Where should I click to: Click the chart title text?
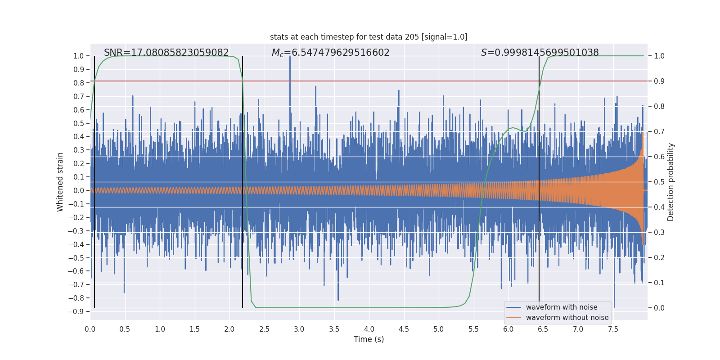pyautogui.click(x=369, y=37)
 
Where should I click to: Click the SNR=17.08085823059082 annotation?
pyautogui.click(x=166, y=53)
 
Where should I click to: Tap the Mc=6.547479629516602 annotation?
pyautogui.click(x=330, y=53)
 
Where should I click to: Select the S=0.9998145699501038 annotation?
pyautogui.click(x=540, y=53)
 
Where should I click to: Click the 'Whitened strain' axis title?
pyautogui.click(x=60, y=182)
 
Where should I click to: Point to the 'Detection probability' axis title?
pyautogui.click(x=671, y=182)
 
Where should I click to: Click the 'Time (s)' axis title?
pyautogui.click(x=369, y=339)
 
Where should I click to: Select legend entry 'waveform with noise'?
pyautogui.click(x=562, y=307)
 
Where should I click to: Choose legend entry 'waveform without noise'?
pyautogui.click(x=567, y=318)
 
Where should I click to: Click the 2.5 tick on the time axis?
pyautogui.click(x=264, y=329)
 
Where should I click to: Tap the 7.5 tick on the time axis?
pyautogui.click(x=613, y=329)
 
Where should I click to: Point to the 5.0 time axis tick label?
pyautogui.click(x=438, y=329)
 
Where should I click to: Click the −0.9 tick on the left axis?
pyautogui.click(x=76, y=311)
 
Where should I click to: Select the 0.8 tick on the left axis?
pyautogui.click(x=79, y=83)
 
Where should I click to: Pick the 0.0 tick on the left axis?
pyautogui.click(x=79, y=190)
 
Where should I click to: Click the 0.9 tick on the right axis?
pyautogui.click(x=659, y=81)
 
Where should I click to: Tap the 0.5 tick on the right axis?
pyautogui.click(x=659, y=182)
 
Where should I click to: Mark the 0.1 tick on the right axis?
pyautogui.click(x=659, y=283)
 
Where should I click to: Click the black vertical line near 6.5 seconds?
pyautogui.click(x=539, y=180)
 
